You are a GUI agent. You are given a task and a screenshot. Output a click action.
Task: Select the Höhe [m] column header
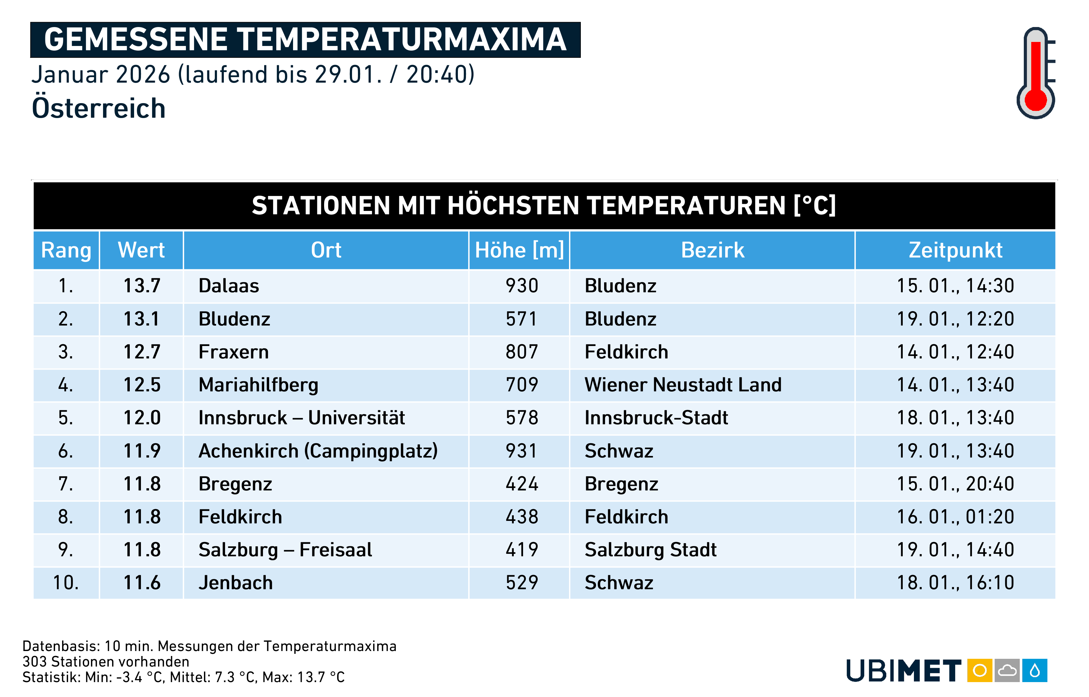519,250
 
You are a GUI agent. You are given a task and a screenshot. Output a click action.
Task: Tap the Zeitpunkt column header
955,250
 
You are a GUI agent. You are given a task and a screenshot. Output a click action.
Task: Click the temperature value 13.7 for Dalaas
142,285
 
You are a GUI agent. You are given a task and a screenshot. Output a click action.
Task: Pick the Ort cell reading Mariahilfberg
258,385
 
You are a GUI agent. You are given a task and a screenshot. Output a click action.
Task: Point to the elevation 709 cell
522,385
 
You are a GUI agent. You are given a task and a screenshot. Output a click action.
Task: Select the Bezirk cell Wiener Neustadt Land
683,385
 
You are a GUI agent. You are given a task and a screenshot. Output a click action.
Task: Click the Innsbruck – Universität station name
302,417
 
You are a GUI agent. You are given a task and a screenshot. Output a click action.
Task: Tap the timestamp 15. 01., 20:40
955,484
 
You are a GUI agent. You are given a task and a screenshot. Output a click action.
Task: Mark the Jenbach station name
236,582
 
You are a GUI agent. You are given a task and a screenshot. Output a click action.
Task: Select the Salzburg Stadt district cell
650,550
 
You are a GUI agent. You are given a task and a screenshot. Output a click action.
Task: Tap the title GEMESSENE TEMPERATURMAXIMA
305,39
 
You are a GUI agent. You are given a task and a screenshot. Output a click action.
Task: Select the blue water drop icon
1035,670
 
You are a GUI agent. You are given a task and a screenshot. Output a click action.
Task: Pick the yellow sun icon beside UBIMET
979,670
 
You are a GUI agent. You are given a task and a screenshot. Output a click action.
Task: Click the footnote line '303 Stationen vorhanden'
106,662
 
